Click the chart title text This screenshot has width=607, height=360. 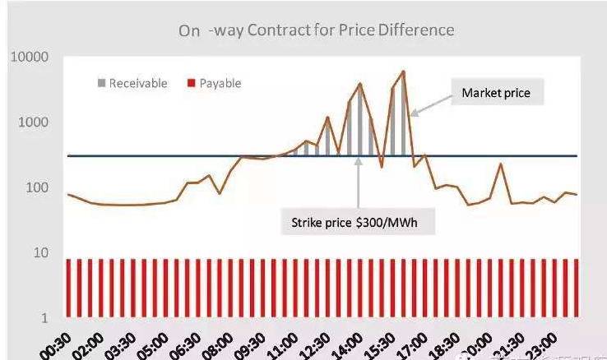(x=317, y=30)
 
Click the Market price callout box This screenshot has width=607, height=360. (x=495, y=93)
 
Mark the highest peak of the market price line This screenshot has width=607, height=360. (x=403, y=72)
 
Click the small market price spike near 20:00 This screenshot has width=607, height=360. (x=500, y=164)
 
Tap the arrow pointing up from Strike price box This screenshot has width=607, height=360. (x=359, y=181)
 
